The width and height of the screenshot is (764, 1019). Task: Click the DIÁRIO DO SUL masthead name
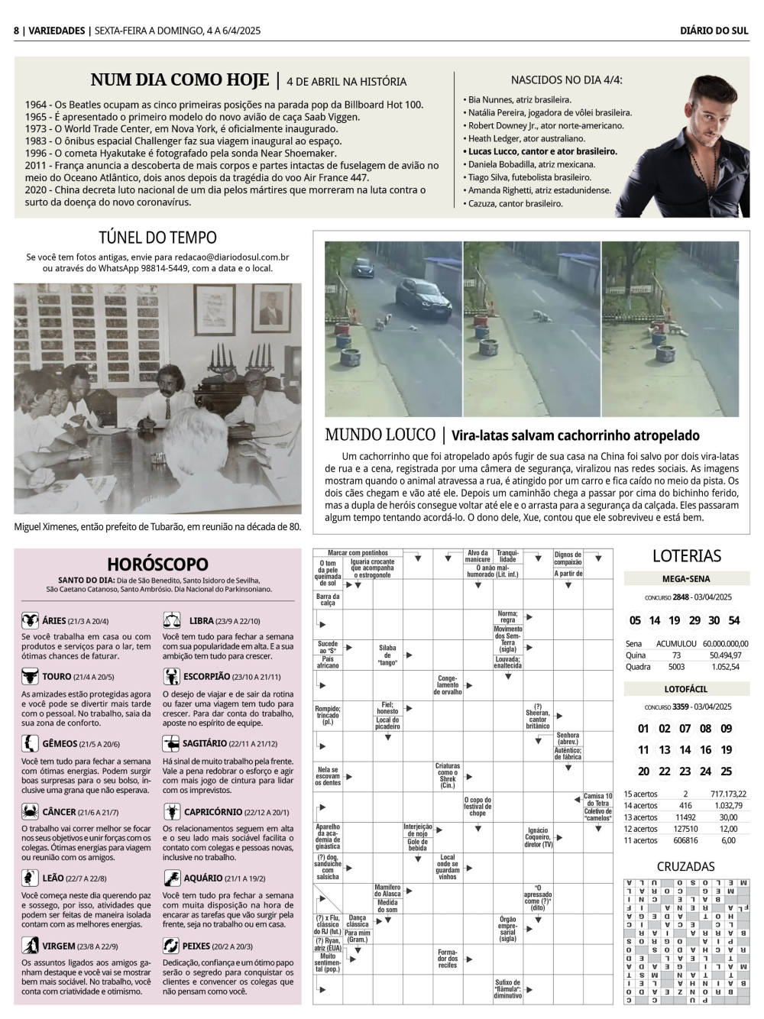[714, 31]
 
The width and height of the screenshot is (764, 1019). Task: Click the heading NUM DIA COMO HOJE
[180, 80]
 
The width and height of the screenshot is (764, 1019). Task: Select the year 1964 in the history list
[35, 105]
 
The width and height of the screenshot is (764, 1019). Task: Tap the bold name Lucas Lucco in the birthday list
[490, 151]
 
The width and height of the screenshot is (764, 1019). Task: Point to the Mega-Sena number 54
[733, 620]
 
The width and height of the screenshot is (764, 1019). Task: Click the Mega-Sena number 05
[635, 620]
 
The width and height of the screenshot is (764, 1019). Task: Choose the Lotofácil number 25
[726, 772]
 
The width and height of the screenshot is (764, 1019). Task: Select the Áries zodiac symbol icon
[31, 621]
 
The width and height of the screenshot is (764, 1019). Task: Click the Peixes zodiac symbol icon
[171, 946]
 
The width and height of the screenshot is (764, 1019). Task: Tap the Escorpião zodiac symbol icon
[171, 676]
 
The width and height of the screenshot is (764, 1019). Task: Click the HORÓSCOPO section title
[157, 564]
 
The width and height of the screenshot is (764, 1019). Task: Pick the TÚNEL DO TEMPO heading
[157, 238]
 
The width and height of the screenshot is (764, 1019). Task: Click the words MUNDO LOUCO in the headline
[380, 435]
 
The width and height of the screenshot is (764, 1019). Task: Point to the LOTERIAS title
[686, 556]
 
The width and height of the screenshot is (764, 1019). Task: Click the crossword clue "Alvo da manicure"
[477, 556]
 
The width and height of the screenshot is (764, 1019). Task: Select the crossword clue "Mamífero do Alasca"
[387, 891]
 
